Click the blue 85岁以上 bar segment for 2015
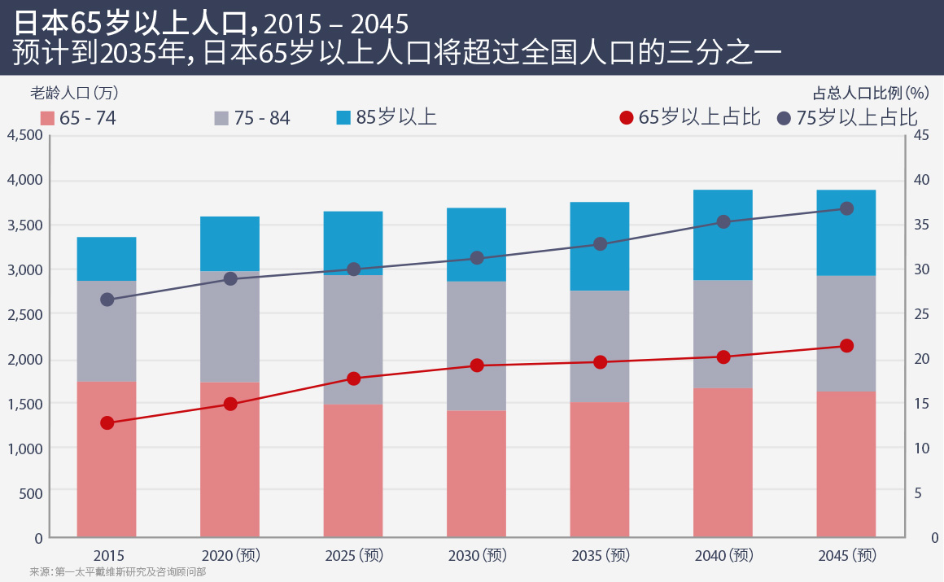[107, 259]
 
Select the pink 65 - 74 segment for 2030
[477, 474]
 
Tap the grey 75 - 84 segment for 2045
[846, 334]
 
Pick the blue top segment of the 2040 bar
[723, 235]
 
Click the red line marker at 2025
[353, 379]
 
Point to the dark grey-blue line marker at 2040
[723, 221]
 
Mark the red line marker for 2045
[846, 346]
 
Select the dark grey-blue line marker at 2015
[107, 300]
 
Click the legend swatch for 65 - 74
[46, 118]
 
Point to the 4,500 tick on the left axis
[24, 135]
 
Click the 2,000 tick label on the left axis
[24, 359]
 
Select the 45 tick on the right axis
[922, 135]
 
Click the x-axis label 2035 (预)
[601, 556]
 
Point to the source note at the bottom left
[117, 572]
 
